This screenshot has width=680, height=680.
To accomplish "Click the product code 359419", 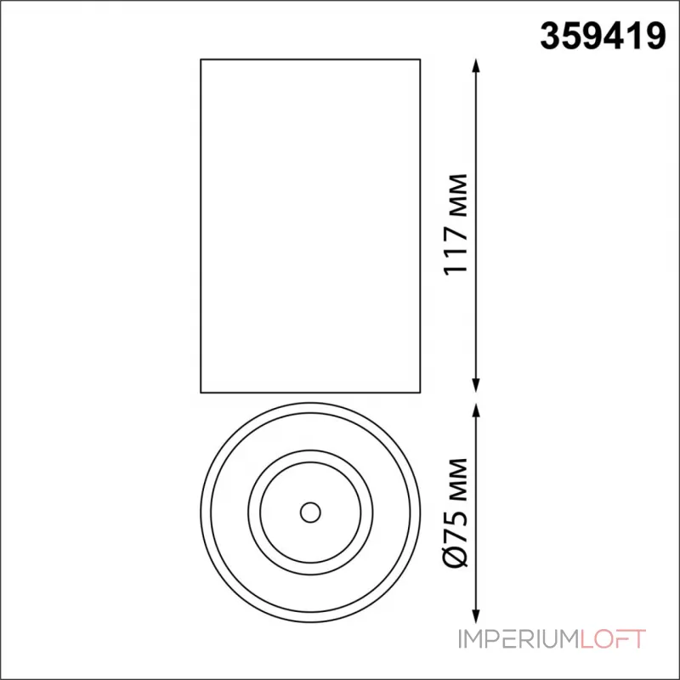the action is [603, 37].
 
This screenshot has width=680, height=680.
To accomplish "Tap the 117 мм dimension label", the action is [456, 224].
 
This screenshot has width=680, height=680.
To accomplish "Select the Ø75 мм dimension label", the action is [456, 513].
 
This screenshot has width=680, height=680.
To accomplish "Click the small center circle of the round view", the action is [310, 513].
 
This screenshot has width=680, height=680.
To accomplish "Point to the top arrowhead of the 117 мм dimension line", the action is [476, 65].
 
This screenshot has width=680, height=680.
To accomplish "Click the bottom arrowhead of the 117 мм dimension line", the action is [476, 386].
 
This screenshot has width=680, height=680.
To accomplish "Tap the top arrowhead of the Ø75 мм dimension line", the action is [476, 411].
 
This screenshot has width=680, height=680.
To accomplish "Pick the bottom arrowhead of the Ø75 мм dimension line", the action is [476, 615].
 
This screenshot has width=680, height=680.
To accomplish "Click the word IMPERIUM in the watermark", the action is [519, 639].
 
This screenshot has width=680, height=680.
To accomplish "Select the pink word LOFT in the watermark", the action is [613, 639].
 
